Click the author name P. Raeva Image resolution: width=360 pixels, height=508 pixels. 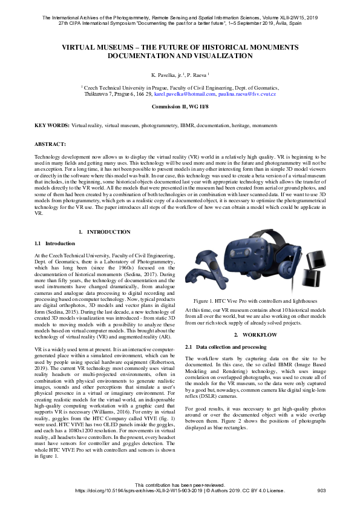[x=197, y=74]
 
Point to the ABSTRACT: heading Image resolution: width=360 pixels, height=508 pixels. [x=50, y=145]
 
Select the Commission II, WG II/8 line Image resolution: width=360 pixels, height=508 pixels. [x=180, y=107]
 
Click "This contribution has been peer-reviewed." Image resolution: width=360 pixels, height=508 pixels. [x=180, y=486]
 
